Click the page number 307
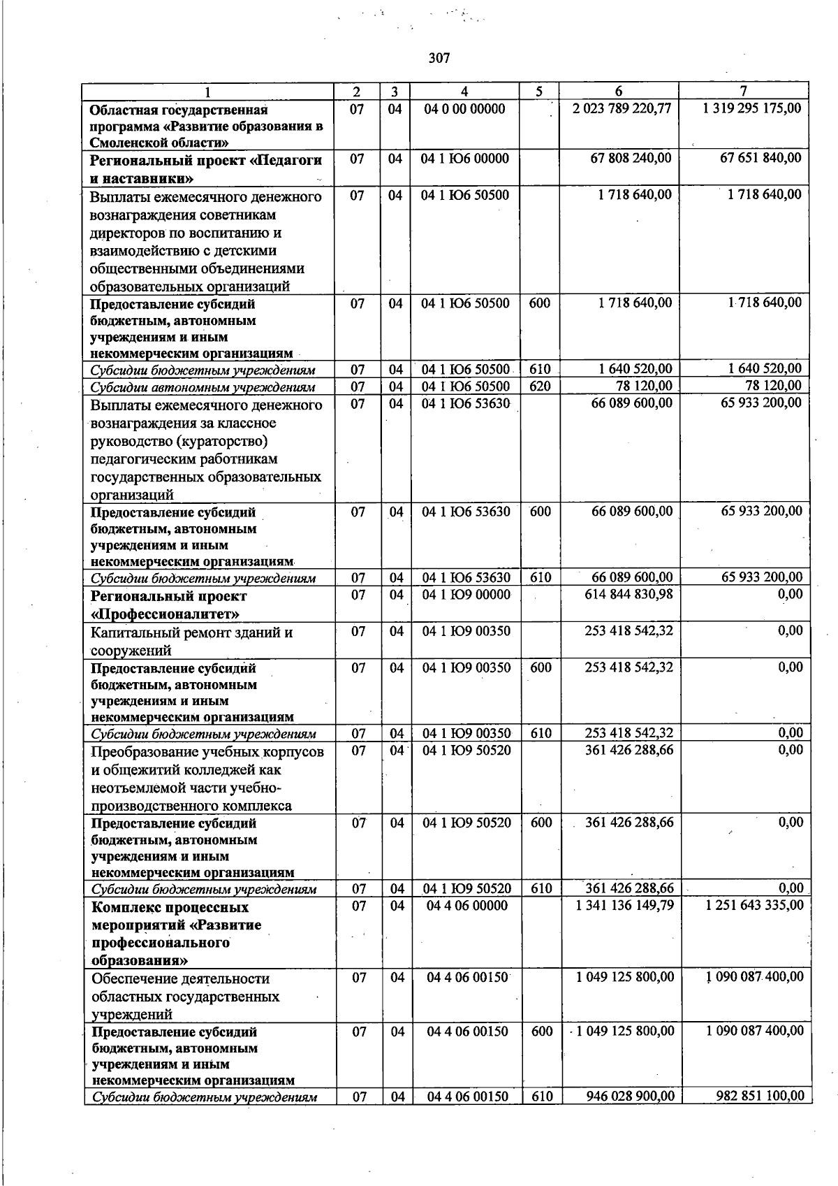(439, 58)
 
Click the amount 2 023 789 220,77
(622, 108)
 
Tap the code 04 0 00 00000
(464, 109)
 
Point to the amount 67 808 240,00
(631, 159)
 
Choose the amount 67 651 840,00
(760, 159)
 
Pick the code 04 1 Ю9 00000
(466, 595)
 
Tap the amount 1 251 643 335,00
(754, 906)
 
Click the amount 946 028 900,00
(630, 1096)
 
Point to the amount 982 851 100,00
(760, 1096)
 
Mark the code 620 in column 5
(540, 386)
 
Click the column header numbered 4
(464, 92)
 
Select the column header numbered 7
(744, 92)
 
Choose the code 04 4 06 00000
(467, 906)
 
